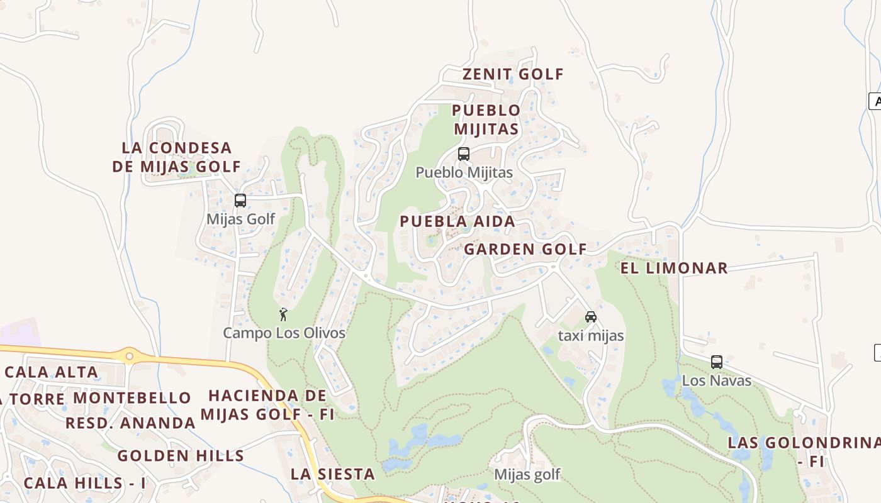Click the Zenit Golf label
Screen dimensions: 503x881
(x=513, y=74)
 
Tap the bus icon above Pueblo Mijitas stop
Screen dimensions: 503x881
(x=464, y=154)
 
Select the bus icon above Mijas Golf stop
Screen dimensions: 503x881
(x=240, y=201)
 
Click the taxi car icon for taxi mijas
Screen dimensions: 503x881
(x=590, y=317)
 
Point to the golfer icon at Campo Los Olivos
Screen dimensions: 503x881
(x=283, y=314)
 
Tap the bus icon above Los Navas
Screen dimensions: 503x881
(x=716, y=362)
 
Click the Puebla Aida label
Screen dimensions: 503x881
(x=457, y=221)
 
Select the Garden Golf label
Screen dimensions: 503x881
(x=525, y=249)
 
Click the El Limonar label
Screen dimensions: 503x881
(x=674, y=268)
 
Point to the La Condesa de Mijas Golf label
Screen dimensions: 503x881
(x=177, y=157)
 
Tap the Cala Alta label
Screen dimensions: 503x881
(x=52, y=372)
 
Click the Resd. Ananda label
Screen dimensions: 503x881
(x=130, y=423)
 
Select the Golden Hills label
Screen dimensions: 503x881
(x=181, y=456)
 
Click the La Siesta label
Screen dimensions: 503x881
(x=332, y=474)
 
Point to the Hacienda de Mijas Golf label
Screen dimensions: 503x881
(x=267, y=405)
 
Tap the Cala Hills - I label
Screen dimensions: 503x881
(x=84, y=484)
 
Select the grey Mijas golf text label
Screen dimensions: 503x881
(x=527, y=474)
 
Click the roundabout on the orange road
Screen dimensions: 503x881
(x=130, y=357)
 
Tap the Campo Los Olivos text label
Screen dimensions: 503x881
(x=284, y=333)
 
